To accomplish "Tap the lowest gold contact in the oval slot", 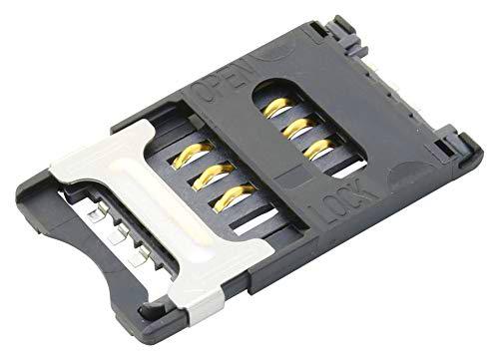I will tap(317, 149).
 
